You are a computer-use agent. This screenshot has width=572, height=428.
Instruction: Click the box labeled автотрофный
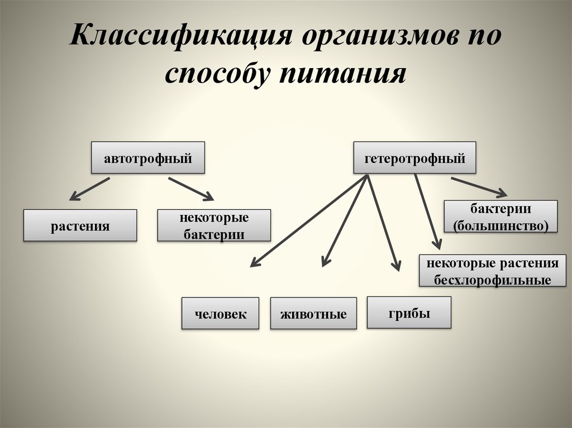tap(147, 157)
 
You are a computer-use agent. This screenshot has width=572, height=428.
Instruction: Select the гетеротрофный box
tap(415, 157)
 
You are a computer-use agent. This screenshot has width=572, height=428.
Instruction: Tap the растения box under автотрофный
tap(80, 225)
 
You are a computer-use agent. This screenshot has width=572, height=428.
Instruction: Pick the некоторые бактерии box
tap(214, 225)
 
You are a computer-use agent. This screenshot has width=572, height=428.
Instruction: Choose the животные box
tap(313, 314)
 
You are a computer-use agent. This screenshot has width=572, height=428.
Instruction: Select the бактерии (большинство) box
tap(501, 217)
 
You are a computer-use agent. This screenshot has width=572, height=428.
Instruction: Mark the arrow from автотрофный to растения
tap(89, 189)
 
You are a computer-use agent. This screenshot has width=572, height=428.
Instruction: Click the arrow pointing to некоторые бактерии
tap(191, 189)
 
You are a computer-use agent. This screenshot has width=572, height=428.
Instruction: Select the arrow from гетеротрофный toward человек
tap(308, 220)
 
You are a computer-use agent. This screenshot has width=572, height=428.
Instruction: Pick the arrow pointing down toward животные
tap(345, 220)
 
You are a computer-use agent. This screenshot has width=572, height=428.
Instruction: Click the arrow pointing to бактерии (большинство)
tap(479, 186)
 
